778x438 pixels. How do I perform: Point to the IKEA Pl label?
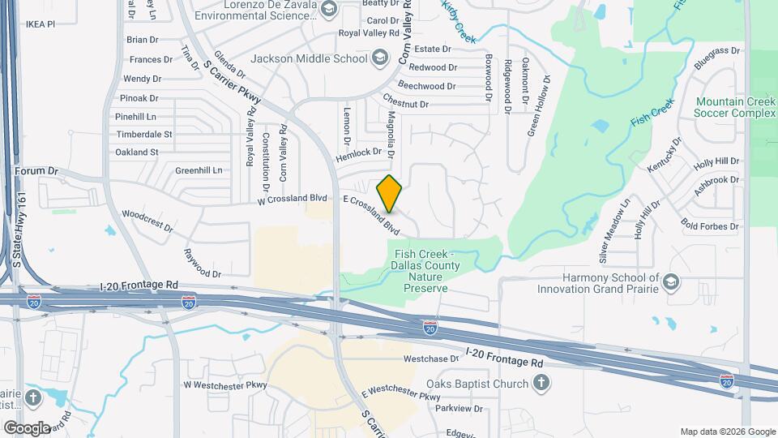tap(38, 24)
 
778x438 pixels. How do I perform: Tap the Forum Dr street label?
tap(37, 171)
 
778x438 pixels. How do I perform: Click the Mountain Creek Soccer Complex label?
tap(735, 107)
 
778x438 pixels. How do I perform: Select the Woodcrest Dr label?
tap(147, 221)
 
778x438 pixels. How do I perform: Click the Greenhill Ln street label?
tap(199, 170)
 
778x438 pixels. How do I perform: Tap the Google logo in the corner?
tap(27, 427)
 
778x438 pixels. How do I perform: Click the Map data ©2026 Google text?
tap(727, 432)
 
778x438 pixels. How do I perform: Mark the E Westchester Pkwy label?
tap(400, 394)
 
